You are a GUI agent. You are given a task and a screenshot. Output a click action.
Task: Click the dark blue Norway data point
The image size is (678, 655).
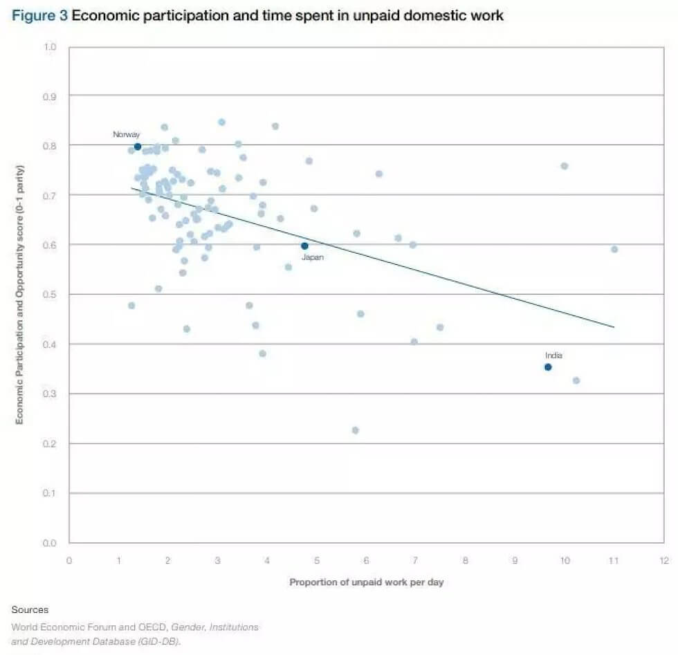(x=137, y=147)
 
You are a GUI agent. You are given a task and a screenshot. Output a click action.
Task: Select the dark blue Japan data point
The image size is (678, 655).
(x=304, y=246)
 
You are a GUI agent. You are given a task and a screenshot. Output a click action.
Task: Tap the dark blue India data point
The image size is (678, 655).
(x=548, y=367)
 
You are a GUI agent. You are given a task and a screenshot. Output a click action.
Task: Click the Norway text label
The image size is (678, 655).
(x=127, y=134)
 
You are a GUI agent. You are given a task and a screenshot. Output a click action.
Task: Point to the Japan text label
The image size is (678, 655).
(x=312, y=257)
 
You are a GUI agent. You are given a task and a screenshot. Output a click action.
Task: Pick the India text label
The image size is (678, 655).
(x=553, y=356)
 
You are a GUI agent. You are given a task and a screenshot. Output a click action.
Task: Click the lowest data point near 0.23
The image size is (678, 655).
(x=355, y=430)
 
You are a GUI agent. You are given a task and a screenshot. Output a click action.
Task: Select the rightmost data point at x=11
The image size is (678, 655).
(x=614, y=249)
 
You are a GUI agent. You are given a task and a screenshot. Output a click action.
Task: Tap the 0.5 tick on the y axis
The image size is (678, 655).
(x=50, y=295)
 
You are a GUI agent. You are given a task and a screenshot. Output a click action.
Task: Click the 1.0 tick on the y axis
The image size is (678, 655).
(x=50, y=47)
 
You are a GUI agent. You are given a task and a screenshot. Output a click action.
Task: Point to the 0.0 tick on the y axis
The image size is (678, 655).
(x=50, y=543)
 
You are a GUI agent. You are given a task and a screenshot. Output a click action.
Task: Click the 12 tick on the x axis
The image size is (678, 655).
(x=663, y=560)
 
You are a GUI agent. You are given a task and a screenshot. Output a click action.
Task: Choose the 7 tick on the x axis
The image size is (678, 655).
(x=416, y=560)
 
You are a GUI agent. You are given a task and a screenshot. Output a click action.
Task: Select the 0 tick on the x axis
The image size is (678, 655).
(x=69, y=560)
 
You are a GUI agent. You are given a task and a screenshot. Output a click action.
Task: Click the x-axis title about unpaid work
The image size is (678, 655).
(x=366, y=582)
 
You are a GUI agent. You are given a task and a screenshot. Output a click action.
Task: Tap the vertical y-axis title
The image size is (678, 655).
(x=20, y=295)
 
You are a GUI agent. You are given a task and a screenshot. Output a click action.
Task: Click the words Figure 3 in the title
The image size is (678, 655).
(x=39, y=16)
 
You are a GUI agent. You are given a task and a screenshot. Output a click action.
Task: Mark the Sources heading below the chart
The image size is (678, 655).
(x=30, y=610)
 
